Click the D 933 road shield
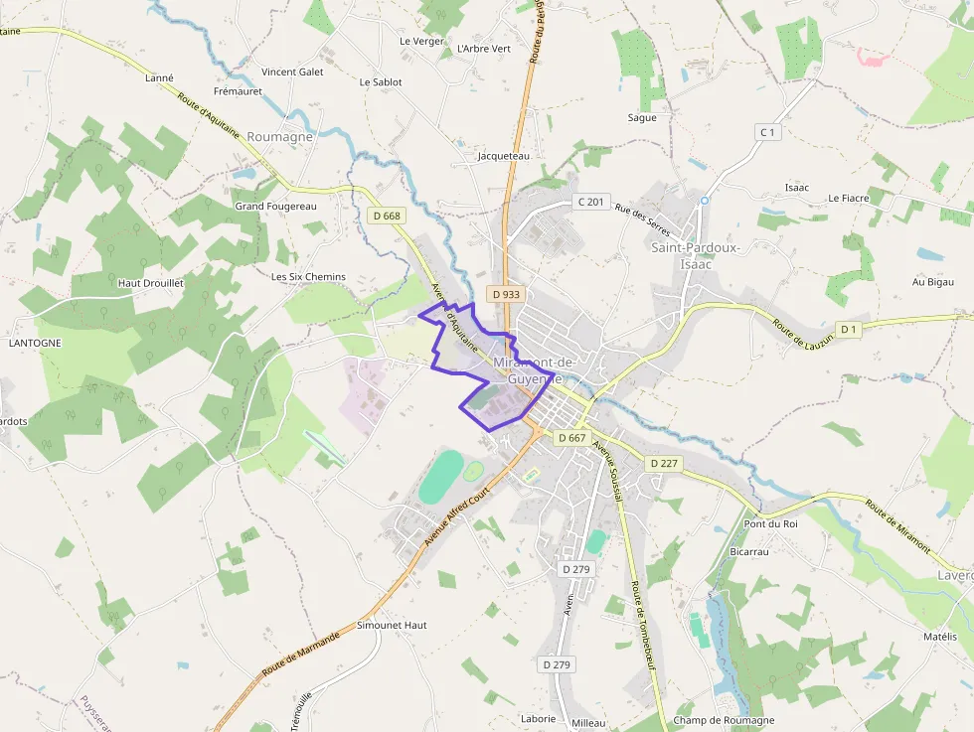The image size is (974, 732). pos(505,294)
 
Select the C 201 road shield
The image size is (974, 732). pos(590,202)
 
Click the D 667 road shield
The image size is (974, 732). pos(571,437)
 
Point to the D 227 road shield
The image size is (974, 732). pos(663,464)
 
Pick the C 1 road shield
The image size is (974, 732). pos(766,132)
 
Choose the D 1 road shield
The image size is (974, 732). pos(848,329)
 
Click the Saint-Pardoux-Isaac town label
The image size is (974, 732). pos(696,255)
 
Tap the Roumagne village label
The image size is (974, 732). pos(280,137)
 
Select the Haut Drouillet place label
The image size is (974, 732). pos(151,283)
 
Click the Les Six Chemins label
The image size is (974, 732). pos(308,276)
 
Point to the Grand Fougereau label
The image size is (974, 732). pos(275,206)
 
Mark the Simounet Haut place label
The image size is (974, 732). pos(392,625)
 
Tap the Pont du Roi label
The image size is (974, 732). pos(771,523)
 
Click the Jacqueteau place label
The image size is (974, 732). pos(504,156)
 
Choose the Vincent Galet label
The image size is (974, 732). pos(292,72)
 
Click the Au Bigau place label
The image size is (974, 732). pos(933,283)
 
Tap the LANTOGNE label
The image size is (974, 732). pos(35,343)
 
